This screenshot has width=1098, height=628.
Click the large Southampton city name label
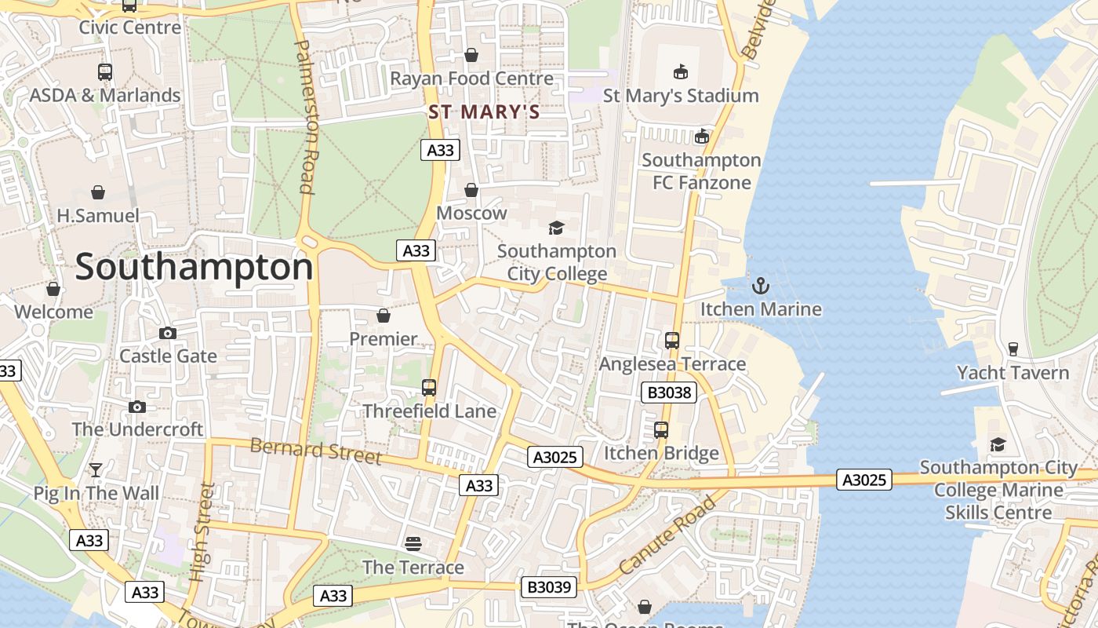point(194,268)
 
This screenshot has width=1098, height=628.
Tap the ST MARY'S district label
point(484,112)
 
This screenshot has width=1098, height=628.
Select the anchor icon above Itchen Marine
point(760,286)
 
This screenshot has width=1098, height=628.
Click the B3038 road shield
point(668,392)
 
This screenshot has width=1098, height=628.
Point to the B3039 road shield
point(549,586)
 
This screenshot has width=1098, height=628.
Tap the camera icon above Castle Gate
point(168,333)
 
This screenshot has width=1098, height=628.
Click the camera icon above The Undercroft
point(137,407)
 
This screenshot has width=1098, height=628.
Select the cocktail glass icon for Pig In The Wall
point(96,470)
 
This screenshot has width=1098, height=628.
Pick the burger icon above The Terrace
point(413,544)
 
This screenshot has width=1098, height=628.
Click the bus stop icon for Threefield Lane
point(429,388)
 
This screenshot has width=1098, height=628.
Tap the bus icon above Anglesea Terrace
point(672,341)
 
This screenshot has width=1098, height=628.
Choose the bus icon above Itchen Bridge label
point(661,430)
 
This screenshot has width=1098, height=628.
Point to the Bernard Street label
point(315,451)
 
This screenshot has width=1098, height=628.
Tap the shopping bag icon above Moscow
point(471,190)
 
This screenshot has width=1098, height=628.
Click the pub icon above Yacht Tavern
point(1013,349)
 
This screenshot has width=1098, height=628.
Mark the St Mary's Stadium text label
point(680,96)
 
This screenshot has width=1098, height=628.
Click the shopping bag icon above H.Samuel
point(98,192)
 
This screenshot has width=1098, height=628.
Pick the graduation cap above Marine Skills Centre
point(998,444)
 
